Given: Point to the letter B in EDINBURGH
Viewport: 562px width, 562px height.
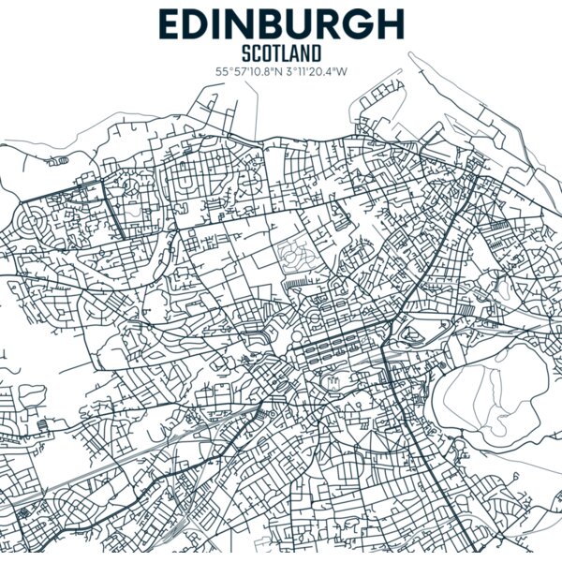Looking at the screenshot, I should pos(261,23).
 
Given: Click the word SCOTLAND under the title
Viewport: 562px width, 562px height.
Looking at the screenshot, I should pos(280,53).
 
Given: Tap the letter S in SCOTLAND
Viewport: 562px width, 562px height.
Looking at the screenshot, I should pos(246,53).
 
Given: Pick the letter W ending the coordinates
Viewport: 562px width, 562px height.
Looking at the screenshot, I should pos(343,71).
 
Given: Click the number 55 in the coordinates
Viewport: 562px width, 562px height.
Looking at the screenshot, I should pos(221,71).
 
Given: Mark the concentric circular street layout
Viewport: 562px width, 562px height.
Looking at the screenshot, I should pos(38,225).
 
